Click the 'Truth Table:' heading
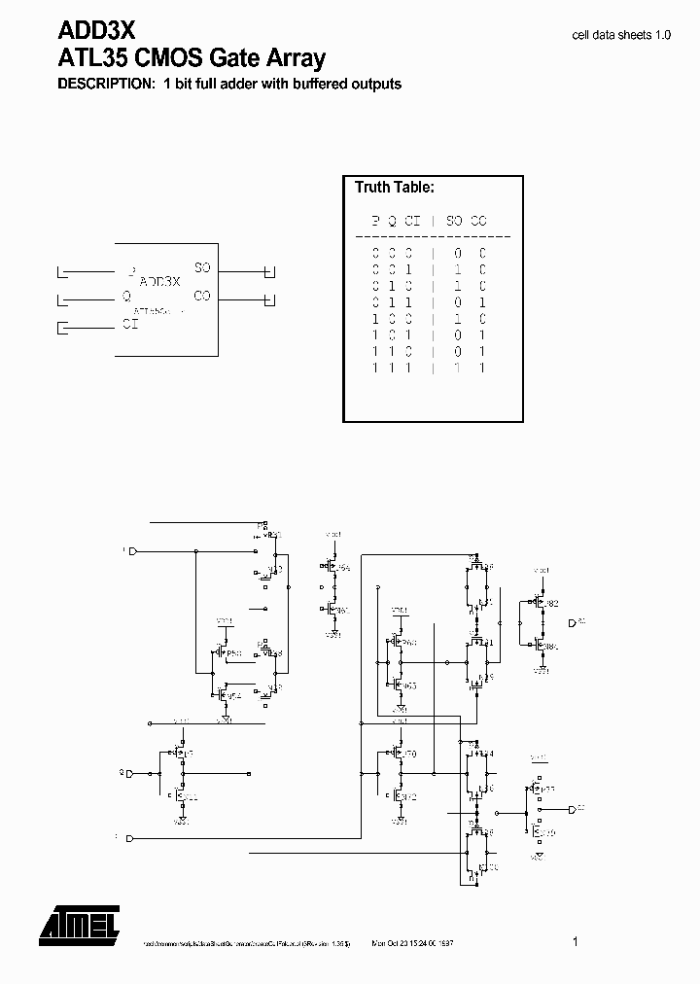(x=394, y=187)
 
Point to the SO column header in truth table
(x=455, y=221)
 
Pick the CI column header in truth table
(x=412, y=221)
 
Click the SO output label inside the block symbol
(x=202, y=267)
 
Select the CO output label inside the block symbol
(x=202, y=296)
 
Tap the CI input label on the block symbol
(x=129, y=325)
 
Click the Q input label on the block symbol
(x=126, y=297)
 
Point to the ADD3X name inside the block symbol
(x=160, y=282)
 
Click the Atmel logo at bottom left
(x=79, y=924)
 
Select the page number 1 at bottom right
(x=576, y=941)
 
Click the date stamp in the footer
(x=413, y=943)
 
